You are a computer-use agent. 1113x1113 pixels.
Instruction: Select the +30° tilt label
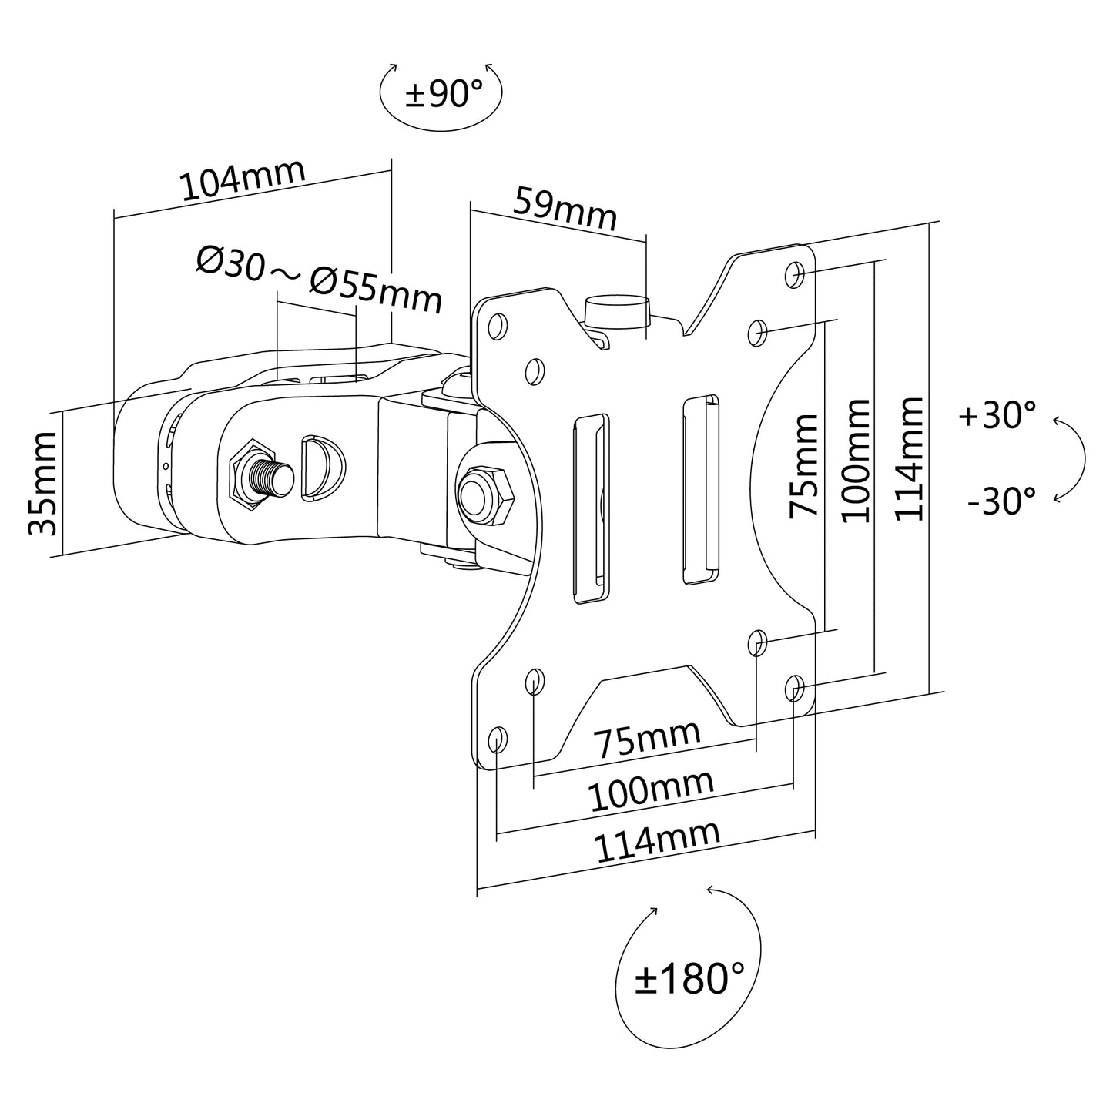tap(997, 415)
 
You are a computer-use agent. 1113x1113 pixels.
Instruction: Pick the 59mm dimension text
tap(565, 208)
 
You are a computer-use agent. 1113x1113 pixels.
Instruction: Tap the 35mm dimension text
tap(42, 484)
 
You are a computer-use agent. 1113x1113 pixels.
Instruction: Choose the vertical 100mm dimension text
tap(857, 461)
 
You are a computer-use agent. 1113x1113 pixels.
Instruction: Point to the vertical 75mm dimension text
tap(804, 466)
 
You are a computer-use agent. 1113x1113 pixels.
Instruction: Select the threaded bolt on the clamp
tap(265, 476)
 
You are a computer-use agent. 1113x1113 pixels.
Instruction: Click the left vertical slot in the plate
tap(590, 509)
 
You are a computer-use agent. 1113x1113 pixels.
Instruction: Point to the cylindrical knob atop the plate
tap(618, 312)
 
